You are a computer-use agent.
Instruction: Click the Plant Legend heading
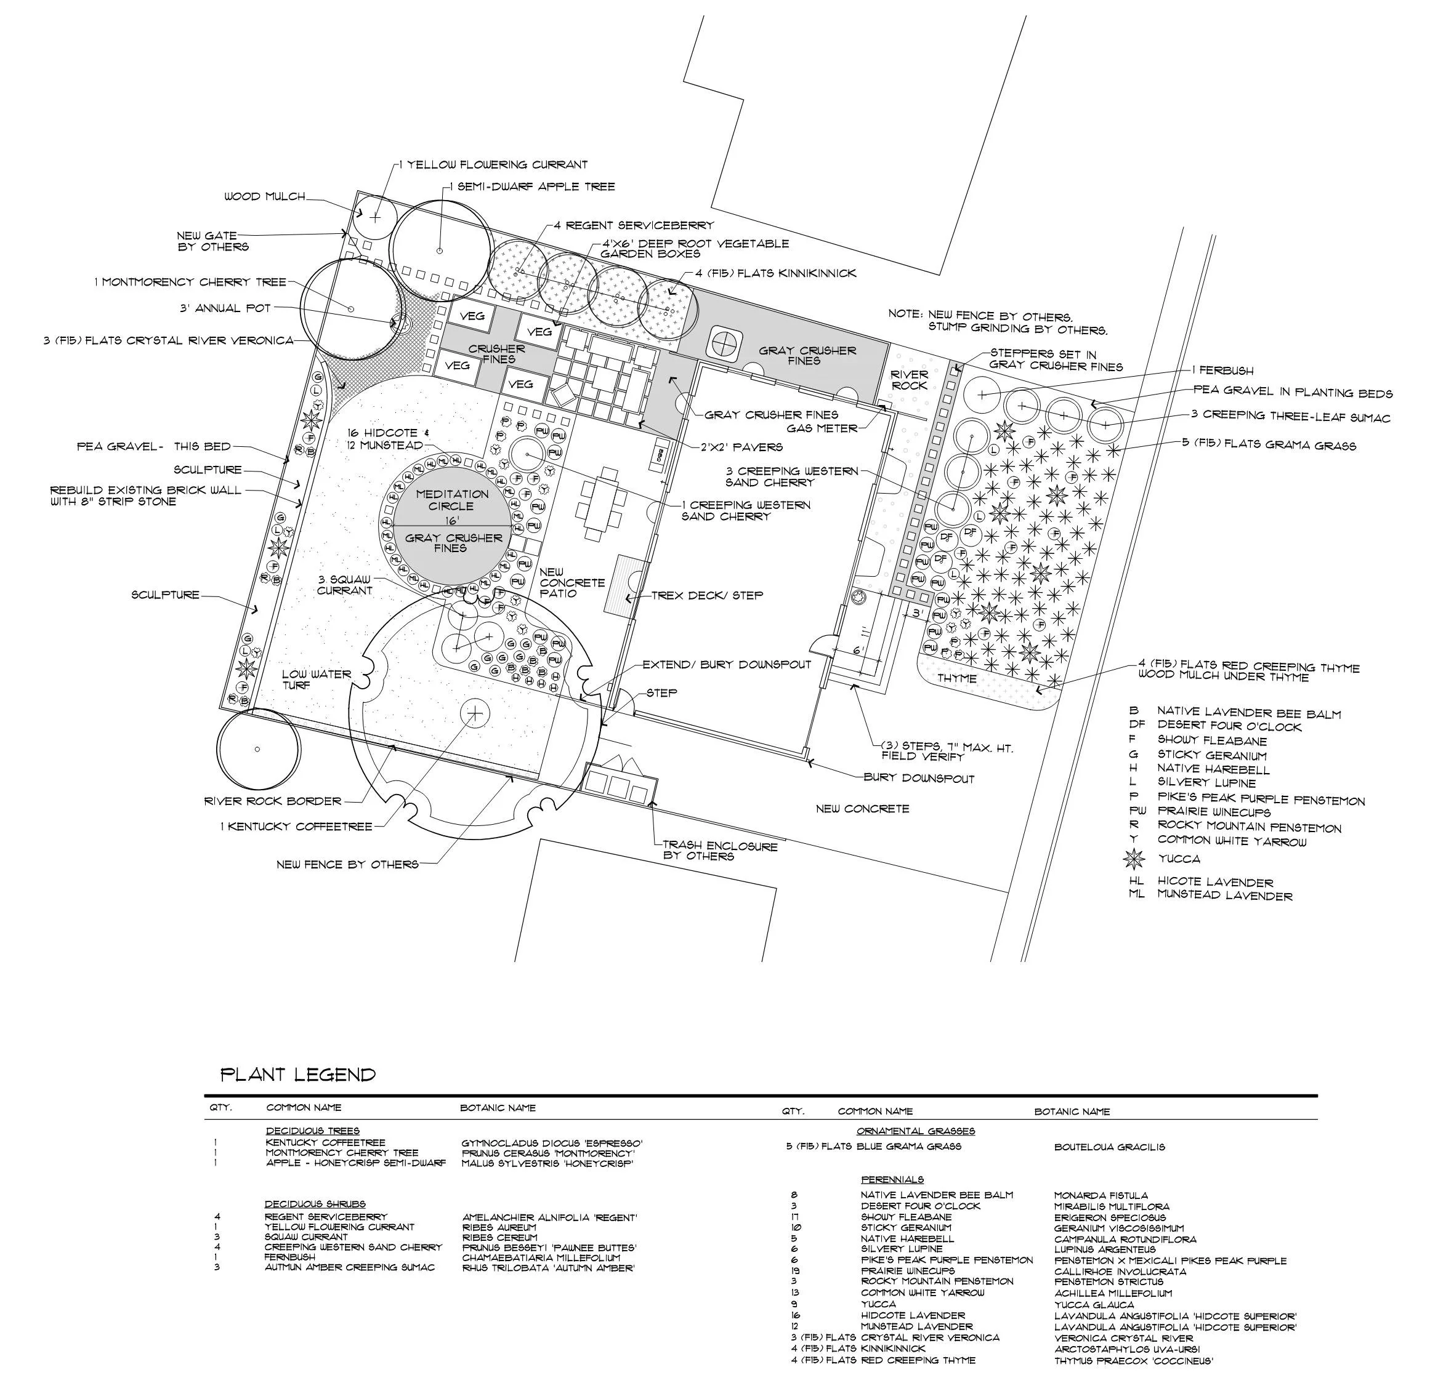coord(298,1075)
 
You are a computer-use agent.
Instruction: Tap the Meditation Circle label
coord(452,500)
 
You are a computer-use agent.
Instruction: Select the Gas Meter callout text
coord(822,428)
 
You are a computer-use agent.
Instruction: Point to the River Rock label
coord(910,380)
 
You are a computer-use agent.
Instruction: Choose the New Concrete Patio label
coord(572,582)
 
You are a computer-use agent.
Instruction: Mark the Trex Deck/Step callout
coord(707,595)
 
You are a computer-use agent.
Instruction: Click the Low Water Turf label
coord(317,679)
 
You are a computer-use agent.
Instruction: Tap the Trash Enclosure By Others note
coord(719,851)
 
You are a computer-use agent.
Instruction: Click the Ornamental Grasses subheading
coord(915,1131)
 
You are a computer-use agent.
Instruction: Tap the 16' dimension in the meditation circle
coord(451,521)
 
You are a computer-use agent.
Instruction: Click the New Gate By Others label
coord(212,241)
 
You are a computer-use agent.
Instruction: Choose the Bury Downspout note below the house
coord(919,778)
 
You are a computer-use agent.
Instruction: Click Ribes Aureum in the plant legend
coord(500,1227)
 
